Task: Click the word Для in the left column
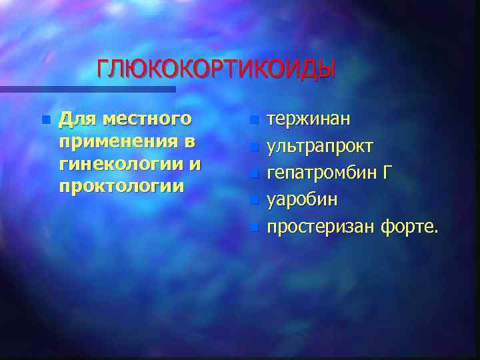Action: (x=74, y=119)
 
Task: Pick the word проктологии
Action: (x=121, y=186)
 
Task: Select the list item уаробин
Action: (x=302, y=200)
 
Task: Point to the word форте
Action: (x=409, y=227)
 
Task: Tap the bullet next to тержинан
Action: (x=253, y=121)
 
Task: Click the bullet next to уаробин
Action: (x=253, y=199)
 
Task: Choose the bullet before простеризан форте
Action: (x=253, y=227)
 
